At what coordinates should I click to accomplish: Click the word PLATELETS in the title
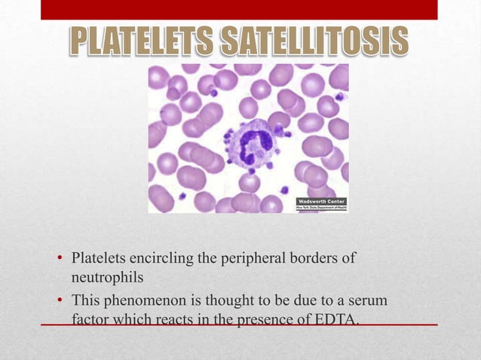[x=139, y=42]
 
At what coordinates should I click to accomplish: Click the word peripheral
[x=240, y=260]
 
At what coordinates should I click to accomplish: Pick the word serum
[x=369, y=301]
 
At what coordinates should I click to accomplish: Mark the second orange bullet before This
[x=60, y=302]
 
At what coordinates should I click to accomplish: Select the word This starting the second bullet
[x=85, y=301]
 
